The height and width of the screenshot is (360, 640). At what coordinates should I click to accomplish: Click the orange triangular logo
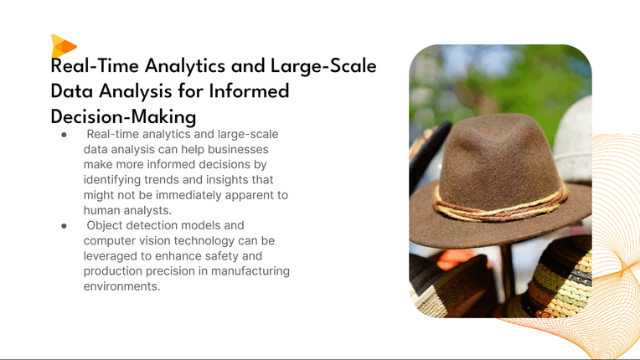point(63,46)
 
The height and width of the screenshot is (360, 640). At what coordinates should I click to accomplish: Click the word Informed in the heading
point(249,91)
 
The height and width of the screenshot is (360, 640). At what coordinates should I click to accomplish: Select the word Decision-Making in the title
point(123,117)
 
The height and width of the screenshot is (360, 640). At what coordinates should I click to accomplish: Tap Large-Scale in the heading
point(323,66)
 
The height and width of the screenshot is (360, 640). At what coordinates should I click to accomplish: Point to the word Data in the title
point(72,91)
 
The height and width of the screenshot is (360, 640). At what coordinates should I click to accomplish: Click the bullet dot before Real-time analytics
point(64,135)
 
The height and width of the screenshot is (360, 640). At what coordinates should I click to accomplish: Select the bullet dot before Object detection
point(64,226)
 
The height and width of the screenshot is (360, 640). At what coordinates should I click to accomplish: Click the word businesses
point(238,149)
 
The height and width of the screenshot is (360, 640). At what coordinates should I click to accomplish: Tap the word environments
point(121,286)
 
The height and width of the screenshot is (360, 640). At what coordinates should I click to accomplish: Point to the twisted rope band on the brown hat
point(500,206)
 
